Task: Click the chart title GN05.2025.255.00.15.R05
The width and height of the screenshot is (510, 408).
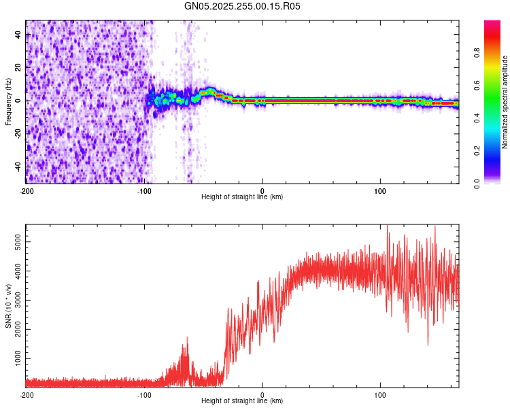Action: [x=243, y=6]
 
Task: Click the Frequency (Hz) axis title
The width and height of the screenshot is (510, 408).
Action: [x=8, y=102]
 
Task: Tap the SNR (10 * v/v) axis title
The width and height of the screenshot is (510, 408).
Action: [x=8, y=306]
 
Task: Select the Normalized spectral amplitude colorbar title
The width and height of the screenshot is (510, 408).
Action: [x=505, y=102]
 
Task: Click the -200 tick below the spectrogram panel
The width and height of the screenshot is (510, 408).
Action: [x=26, y=190]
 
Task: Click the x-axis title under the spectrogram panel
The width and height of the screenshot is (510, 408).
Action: [x=242, y=197]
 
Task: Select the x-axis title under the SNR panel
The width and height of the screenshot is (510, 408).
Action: [x=242, y=401]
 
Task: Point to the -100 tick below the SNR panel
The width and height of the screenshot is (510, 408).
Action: [x=144, y=394]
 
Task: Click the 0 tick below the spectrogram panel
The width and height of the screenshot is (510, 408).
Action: [x=262, y=190]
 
